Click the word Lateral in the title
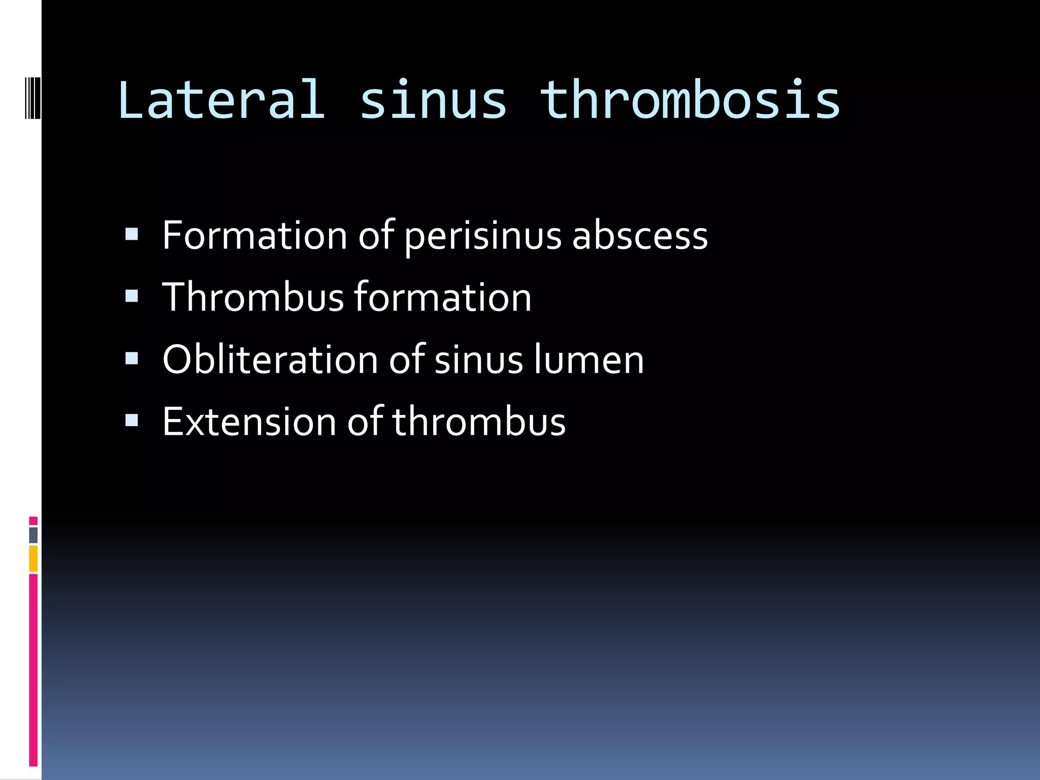coord(221,100)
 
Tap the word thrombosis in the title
coord(690,100)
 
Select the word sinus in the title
coord(433,100)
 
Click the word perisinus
coord(483,236)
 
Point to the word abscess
coord(640,236)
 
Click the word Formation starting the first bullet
coord(254,236)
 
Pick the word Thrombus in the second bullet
coord(253,298)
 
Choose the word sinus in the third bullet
coord(479,360)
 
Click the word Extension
coord(249,421)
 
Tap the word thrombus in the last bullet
coord(479,421)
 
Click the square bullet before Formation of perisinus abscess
coord(132,234)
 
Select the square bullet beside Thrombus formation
coord(132,296)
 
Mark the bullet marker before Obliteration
coord(132,358)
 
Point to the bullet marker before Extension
coord(132,420)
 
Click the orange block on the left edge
coord(33,559)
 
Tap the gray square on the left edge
coord(33,535)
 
